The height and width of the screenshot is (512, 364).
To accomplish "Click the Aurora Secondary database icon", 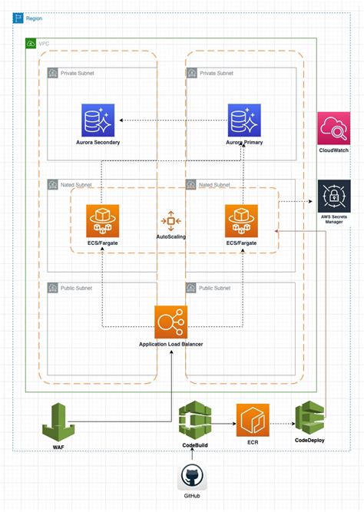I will (x=98, y=120).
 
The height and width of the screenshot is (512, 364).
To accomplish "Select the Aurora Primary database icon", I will (x=243, y=120).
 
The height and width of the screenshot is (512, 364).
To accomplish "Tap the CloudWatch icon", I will (x=334, y=127).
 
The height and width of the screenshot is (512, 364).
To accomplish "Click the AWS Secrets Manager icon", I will (x=334, y=196).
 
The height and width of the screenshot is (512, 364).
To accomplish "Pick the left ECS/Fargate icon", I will (x=102, y=220).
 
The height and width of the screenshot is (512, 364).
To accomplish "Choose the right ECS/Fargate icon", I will (x=241, y=220).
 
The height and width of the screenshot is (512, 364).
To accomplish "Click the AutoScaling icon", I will (x=171, y=220).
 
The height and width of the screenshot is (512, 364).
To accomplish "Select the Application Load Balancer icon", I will (x=170, y=322).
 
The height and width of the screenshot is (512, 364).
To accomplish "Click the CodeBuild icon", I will (x=194, y=421).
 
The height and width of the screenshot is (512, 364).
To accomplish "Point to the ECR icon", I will (x=252, y=419).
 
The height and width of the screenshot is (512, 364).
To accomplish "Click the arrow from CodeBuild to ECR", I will (x=223, y=421).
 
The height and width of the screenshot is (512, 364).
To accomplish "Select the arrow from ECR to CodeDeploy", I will (x=281, y=421).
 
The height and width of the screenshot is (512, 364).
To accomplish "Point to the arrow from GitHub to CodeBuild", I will (x=194, y=455).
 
